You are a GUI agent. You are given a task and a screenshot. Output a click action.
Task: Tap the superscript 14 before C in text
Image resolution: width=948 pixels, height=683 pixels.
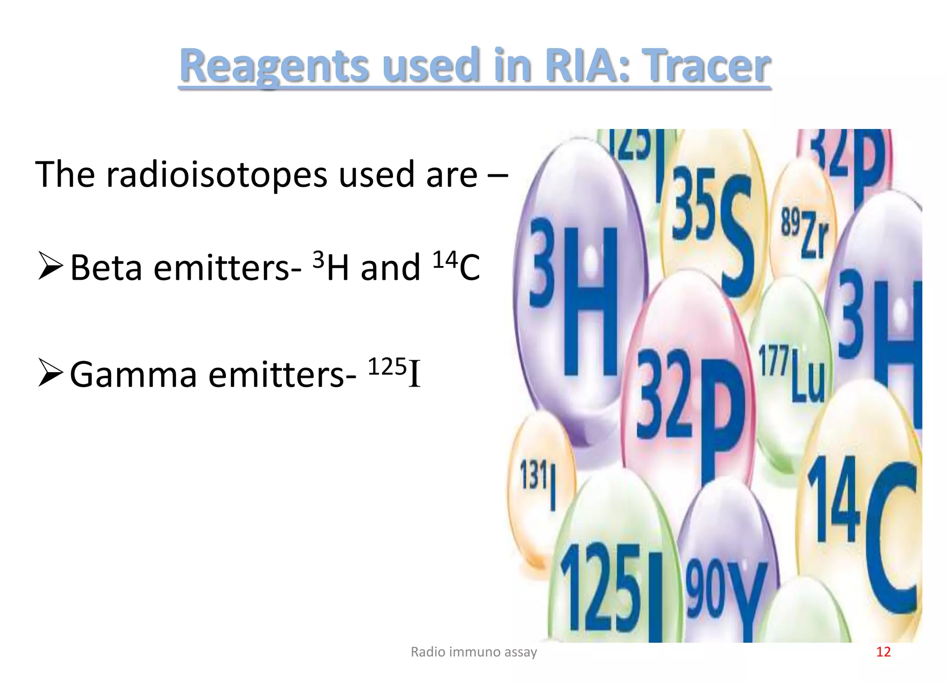tap(445, 260)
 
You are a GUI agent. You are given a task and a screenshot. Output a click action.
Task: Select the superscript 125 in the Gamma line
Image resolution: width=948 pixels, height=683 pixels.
tap(387, 367)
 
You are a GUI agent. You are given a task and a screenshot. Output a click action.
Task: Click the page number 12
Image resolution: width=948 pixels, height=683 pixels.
tap(883, 652)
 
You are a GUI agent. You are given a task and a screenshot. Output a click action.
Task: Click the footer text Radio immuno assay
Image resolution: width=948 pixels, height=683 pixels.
tap(474, 652)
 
